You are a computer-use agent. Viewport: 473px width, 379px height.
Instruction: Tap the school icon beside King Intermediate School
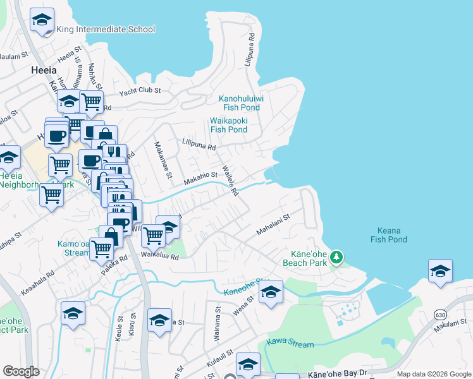pos(42,21)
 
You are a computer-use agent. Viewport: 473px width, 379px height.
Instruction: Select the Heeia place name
pos(44,71)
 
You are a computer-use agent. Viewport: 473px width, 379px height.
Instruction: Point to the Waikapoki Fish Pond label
pos(228,125)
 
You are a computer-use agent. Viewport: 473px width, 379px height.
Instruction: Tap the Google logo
pos(21,371)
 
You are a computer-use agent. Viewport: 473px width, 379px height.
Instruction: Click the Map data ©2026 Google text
pos(434,374)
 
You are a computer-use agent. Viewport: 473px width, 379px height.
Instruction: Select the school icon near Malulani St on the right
pos(439,272)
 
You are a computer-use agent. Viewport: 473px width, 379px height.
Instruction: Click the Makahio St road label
pos(200,178)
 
